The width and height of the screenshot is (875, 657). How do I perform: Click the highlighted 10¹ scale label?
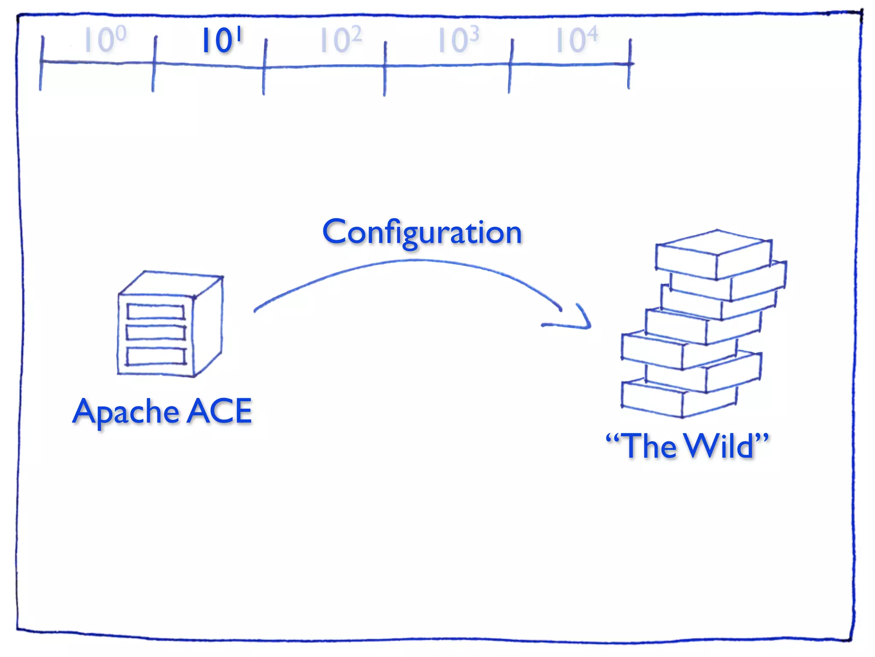(221, 41)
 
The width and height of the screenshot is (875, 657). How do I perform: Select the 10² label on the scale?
(341, 40)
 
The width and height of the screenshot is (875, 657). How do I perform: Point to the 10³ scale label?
(458, 40)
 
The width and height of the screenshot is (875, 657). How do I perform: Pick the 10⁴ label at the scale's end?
(576, 40)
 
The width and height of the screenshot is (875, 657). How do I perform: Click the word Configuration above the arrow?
(422, 232)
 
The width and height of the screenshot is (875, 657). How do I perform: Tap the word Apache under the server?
(126, 411)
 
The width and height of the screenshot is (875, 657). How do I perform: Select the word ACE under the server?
(220, 411)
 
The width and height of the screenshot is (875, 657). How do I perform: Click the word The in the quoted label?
(649, 446)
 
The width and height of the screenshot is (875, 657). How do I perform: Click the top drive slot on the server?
(156, 311)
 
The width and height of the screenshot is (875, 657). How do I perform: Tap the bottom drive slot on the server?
(156, 356)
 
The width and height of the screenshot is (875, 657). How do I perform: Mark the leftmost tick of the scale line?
(41, 63)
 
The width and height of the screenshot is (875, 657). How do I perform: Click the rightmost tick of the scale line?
(629, 64)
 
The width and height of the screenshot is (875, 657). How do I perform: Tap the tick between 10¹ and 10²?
(264, 67)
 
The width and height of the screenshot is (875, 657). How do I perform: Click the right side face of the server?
(208, 326)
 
